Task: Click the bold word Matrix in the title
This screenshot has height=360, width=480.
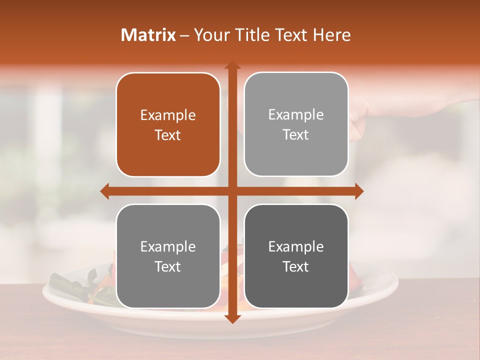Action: tap(148, 35)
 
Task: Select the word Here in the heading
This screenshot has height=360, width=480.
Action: tap(331, 35)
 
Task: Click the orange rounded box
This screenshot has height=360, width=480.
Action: tap(168, 125)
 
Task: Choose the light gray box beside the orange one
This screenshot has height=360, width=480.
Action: tap(296, 124)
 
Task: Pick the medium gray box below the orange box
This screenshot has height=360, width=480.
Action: tap(168, 256)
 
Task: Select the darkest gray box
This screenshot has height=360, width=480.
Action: tap(296, 256)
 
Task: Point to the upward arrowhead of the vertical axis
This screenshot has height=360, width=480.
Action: tap(232, 65)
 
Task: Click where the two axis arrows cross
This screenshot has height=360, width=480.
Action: tap(232, 191)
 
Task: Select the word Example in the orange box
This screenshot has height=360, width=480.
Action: tap(168, 115)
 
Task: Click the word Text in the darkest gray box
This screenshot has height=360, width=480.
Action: tap(296, 267)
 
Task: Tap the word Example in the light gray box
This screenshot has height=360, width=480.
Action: tap(296, 115)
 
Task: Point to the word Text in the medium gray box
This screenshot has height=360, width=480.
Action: tap(168, 267)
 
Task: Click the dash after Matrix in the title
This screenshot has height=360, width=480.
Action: tap(184, 35)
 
